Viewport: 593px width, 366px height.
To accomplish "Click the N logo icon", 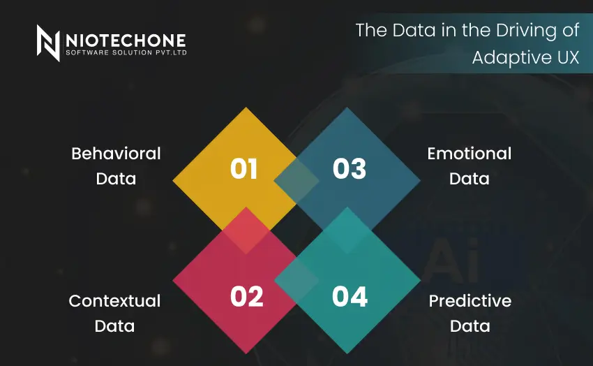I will click(48, 43).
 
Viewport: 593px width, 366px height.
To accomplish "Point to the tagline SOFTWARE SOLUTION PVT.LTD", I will click(125, 52).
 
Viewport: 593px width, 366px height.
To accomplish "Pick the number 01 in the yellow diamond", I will click(244, 169).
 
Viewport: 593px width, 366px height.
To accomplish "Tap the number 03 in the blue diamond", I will click(350, 169).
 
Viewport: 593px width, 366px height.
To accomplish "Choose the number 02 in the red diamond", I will click(246, 297).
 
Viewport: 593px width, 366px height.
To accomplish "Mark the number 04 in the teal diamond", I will click(350, 297).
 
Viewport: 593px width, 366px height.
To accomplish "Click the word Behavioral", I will click(116, 154).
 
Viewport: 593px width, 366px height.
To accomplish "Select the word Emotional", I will click(470, 154).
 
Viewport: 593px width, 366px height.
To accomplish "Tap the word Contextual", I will click(114, 301).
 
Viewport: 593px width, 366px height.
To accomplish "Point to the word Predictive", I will click(470, 301).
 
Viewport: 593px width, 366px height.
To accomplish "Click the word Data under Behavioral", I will click(116, 179).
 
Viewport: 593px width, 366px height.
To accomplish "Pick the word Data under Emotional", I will click(470, 179).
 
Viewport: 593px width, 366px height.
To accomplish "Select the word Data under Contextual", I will click(114, 326).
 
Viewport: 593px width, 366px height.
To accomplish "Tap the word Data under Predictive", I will click(470, 326).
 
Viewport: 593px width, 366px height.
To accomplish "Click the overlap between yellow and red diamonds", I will click(245, 231).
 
